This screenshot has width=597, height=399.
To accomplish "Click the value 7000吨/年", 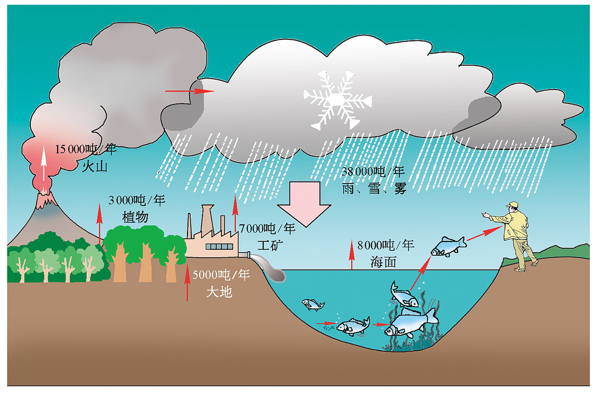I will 267,229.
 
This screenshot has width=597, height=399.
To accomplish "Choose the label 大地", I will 219,292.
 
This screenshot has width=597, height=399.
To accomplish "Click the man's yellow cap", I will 512,204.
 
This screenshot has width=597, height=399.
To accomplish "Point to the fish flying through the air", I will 448,246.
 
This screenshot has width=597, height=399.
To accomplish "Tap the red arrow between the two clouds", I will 189,91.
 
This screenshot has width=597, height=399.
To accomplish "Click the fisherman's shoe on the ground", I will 519,269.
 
